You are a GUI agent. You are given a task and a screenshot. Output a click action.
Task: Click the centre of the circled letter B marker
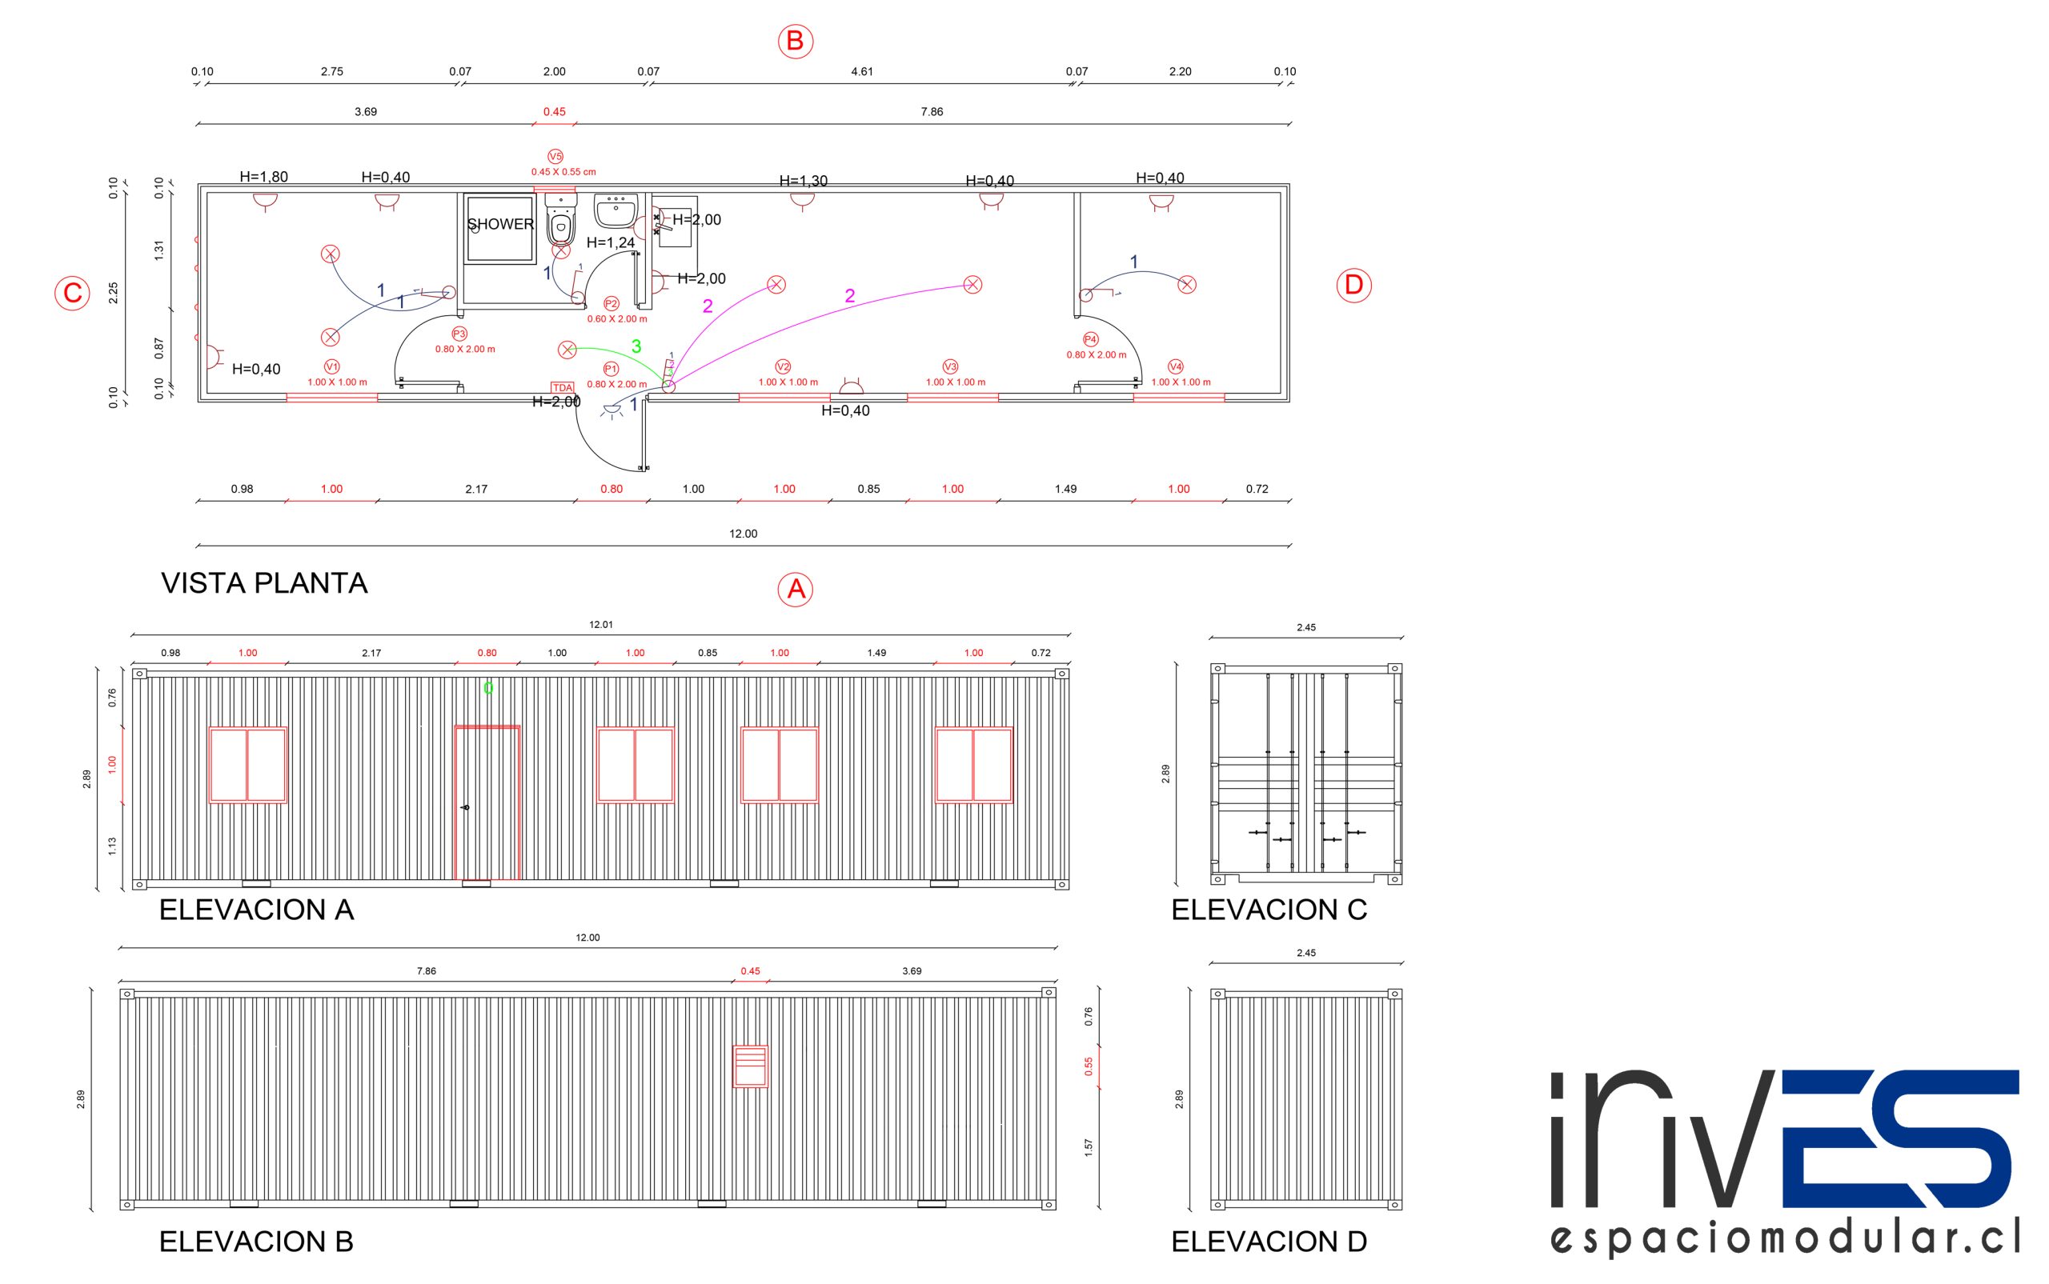pos(795,41)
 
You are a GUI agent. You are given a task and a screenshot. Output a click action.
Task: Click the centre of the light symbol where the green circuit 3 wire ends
pos(567,349)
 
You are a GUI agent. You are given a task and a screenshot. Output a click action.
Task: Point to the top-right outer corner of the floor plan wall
pos(1289,184)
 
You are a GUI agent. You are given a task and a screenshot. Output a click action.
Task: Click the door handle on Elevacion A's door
pos(465,806)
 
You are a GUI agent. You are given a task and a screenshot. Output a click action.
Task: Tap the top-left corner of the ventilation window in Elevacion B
pos(734,1046)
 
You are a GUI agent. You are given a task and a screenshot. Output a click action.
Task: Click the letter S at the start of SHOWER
pos(472,224)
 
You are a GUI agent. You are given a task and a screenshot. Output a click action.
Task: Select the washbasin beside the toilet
pos(616,210)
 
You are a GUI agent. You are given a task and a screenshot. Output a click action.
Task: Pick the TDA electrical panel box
pos(563,387)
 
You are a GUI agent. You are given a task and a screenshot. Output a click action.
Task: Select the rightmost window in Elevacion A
pos(973,764)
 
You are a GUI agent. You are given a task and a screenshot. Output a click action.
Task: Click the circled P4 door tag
pos(1091,340)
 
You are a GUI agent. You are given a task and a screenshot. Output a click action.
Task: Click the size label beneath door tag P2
pos(617,319)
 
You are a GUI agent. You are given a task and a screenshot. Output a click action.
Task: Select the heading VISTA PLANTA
pos(264,583)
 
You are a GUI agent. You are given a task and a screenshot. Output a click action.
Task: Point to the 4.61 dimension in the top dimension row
pos(861,71)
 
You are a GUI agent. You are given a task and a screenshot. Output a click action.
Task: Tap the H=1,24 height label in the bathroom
pos(611,243)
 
